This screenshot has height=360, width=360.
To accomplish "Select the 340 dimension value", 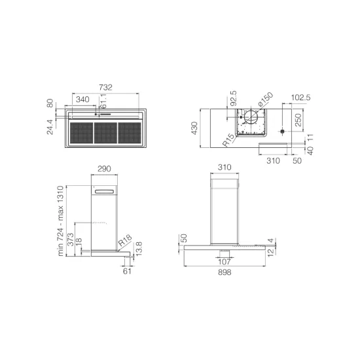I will pyautogui.click(x=83, y=99).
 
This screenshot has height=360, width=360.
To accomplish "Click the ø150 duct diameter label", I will pyautogui.click(x=264, y=100).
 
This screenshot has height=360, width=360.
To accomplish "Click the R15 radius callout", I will pyautogui.click(x=228, y=140).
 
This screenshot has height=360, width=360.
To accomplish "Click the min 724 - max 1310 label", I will pyautogui.click(x=60, y=220).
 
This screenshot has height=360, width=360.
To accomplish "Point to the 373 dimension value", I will pyautogui.click(x=71, y=232).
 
